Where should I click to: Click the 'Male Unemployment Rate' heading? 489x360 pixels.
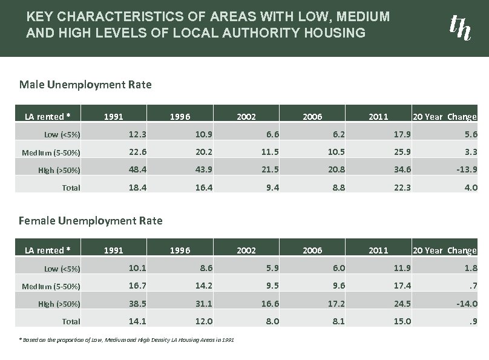tap(85, 85)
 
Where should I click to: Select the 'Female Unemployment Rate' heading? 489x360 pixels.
tap(91, 220)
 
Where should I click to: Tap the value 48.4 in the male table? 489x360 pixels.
tap(137, 169)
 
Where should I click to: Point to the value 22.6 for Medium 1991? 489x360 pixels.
tap(137, 151)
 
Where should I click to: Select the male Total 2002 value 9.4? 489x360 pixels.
tap(271, 188)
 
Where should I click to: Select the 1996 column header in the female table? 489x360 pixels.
tap(180, 250)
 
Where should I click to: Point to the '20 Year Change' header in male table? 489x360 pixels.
tap(444, 117)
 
